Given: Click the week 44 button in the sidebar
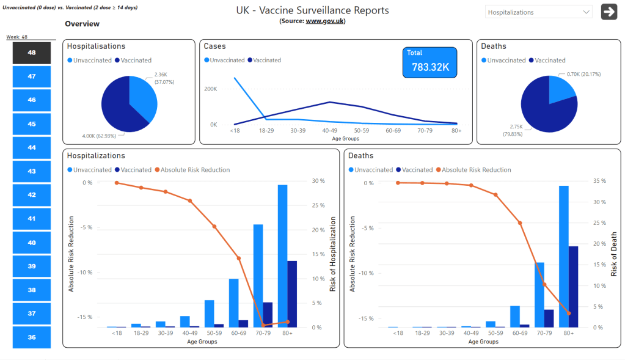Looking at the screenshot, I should pyautogui.click(x=31, y=147).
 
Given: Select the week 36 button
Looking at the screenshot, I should pyautogui.click(x=31, y=337).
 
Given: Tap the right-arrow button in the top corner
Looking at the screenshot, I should pyautogui.click(x=609, y=12).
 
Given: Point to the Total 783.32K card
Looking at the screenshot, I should pyautogui.click(x=429, y=63).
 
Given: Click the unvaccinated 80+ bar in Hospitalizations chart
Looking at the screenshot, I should pyautogui.click(x=282, y=255).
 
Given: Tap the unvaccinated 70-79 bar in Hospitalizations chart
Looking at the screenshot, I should pyautogui.click(x=258, y=275).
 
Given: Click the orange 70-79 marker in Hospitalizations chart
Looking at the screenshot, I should pyautogui.click(x=263, y=325).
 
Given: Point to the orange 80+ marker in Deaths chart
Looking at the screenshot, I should pyautogui.click(x=569, y=313).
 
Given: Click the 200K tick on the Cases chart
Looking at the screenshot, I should pyautogui.click(x=210, y=89).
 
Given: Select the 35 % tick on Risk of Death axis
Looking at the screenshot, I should pyautogui.click(x=599, y=181).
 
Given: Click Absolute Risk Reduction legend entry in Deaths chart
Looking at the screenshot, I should pyautogui.click(x=476, y=170).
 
